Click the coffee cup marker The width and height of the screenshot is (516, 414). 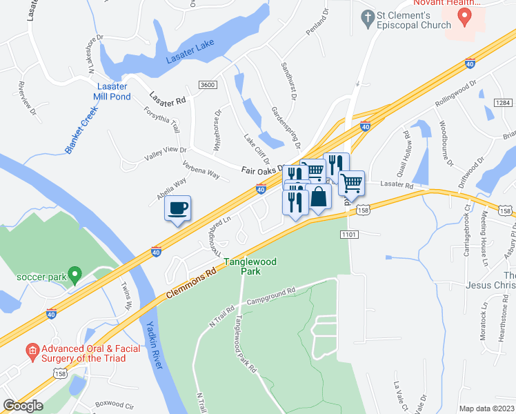click(x=178, y=208)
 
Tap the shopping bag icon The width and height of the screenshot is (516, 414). click(x=319, y=197)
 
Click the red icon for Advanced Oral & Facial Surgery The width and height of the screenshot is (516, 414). click(x=32, y=353)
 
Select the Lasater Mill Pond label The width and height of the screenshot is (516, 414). click(x=112, y=90)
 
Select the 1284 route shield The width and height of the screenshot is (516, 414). click(x=503, y=103)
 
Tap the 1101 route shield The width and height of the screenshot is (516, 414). click(x=348, y=235)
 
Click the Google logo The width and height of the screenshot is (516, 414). click(x=23, y=406)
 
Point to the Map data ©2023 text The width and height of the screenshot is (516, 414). click(x=487, y=408)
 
